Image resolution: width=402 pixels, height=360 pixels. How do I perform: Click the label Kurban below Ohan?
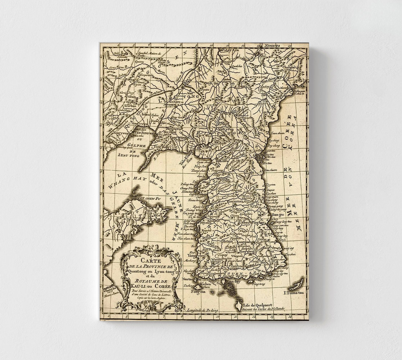coord(130,106)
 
